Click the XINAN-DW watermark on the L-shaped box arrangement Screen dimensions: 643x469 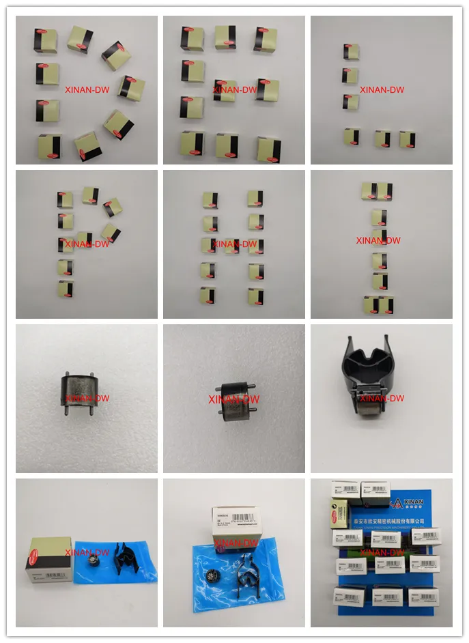click(382, 89)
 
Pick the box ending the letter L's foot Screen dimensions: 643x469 click(408, 139)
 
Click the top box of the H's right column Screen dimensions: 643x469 click(255, 199)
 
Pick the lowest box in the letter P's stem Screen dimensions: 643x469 click(66, 289)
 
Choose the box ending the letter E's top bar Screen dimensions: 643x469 click(266, 38)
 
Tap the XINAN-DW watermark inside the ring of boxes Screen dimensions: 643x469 click(87, 89)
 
